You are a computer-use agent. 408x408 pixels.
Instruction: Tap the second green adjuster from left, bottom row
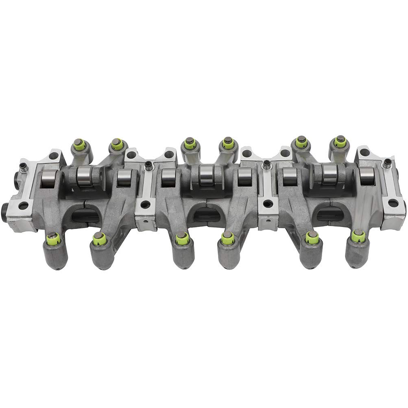(x=98, y=238)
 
